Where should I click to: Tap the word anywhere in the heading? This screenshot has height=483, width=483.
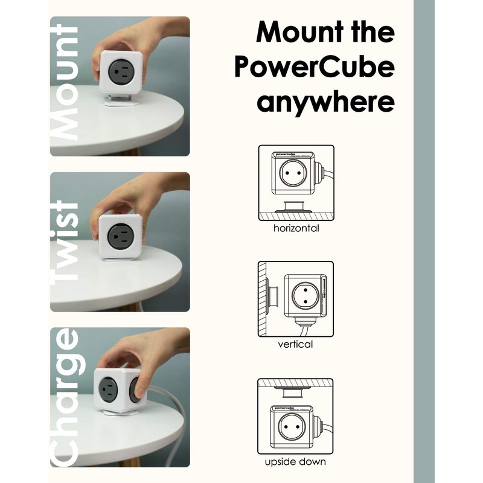(x=325, y=103)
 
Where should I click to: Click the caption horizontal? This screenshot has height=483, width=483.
(x=296, y=228)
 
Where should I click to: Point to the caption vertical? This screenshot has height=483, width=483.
(x=296, y=344)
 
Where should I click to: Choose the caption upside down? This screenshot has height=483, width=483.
(x=296, y=462)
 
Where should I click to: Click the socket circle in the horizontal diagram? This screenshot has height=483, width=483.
(x=292, y=176)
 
